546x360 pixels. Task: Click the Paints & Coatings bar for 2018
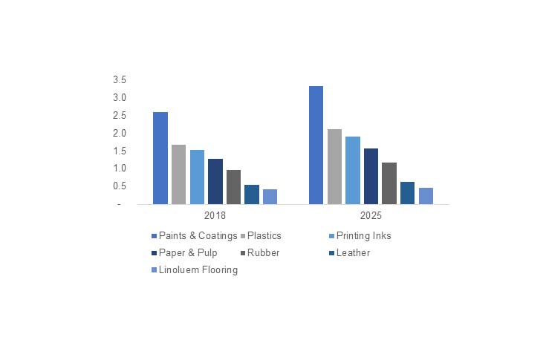[x=160, y=157]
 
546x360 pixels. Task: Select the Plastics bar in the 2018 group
[x=178, y=174]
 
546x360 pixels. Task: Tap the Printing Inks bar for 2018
[x=197, y=177]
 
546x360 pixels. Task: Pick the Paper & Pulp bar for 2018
[x=215, y=181]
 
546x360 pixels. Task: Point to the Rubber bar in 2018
[x=233, y=186]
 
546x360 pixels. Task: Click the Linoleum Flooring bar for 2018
[x=270, y=196]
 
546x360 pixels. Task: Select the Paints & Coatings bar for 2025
[x=316, y=145]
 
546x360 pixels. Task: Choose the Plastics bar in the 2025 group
[x=334, y=166]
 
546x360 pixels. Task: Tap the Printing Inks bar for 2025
[x=353, y=170]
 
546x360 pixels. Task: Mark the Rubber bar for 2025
[x=389, y=183]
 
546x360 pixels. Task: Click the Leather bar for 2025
[x=407, y=192]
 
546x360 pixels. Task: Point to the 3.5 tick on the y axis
[x=120, y=79]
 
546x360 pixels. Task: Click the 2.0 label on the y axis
[x=120, y=133]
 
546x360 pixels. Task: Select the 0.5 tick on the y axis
[x=120, y=186]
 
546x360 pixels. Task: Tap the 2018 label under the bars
[x=215, y=216]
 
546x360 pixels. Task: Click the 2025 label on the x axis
[x=371, y=216]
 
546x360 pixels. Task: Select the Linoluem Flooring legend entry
[x=198, y=270]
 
